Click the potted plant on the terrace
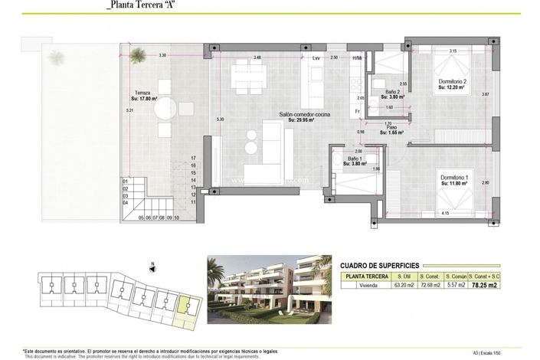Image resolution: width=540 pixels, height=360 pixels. pyautogui.click(x=139, y=54)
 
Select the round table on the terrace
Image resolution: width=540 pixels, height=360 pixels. pyautogui.click(x=165, y=110)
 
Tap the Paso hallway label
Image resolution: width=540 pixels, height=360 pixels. pyautogui.click(x=391, y=129)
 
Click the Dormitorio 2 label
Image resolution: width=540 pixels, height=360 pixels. pyautogui.click(x=453, y=84)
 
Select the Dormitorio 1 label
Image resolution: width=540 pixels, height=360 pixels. pyautogui.click(x=455, y=179)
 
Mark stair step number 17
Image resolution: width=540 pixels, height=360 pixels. pyautogui.click(x=195, y=158)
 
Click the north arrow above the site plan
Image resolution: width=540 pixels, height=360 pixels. pyautogui.click(x=152, y=267)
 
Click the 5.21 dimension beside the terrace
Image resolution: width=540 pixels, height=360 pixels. pyautogui.click(x=110, y=110)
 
